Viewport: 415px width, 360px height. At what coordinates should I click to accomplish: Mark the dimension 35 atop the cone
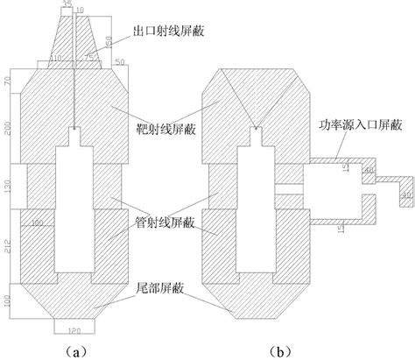(69, 5)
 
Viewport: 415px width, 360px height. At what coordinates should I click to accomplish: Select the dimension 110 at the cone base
(57, 58)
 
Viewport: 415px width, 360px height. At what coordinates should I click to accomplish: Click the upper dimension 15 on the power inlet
(344, 165)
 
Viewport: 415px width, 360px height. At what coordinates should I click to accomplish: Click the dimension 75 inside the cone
(88, 58)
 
